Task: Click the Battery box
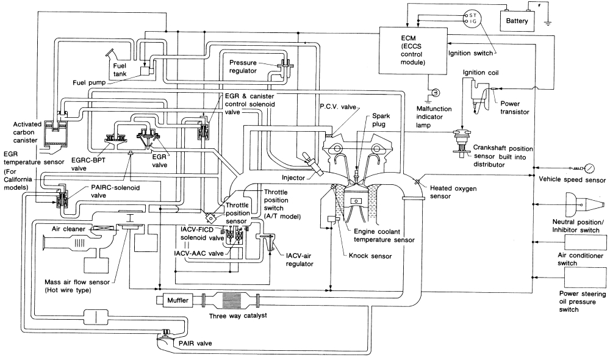[x=520, y=21]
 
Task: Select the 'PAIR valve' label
[x=195, y=344]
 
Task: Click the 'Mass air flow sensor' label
[x=74, y=286]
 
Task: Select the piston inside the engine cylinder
[x=356, y=201]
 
